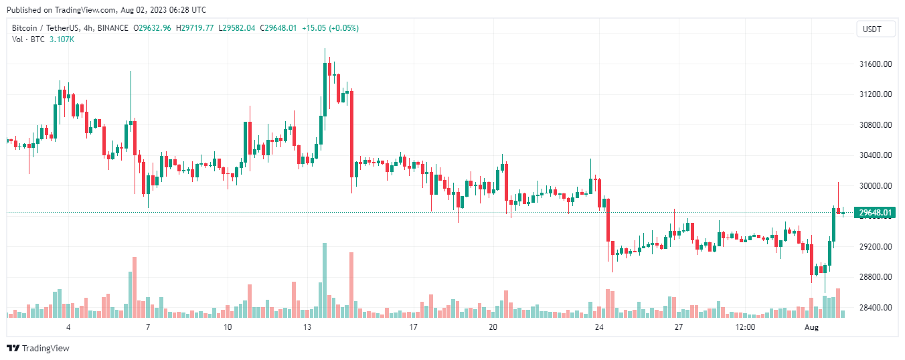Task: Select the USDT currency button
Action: coord(872,29)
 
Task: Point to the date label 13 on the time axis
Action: coord(307,327)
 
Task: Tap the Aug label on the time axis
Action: coord(811,327)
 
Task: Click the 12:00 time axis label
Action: coord(745,327)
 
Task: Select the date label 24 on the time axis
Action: coord(599,327)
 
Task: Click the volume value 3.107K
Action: coord(62,39)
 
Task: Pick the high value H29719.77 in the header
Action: coord(195,28)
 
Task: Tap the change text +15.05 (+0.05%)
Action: coord(330,28)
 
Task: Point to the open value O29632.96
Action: coord(153,28)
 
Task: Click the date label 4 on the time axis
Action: coord(68,327)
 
